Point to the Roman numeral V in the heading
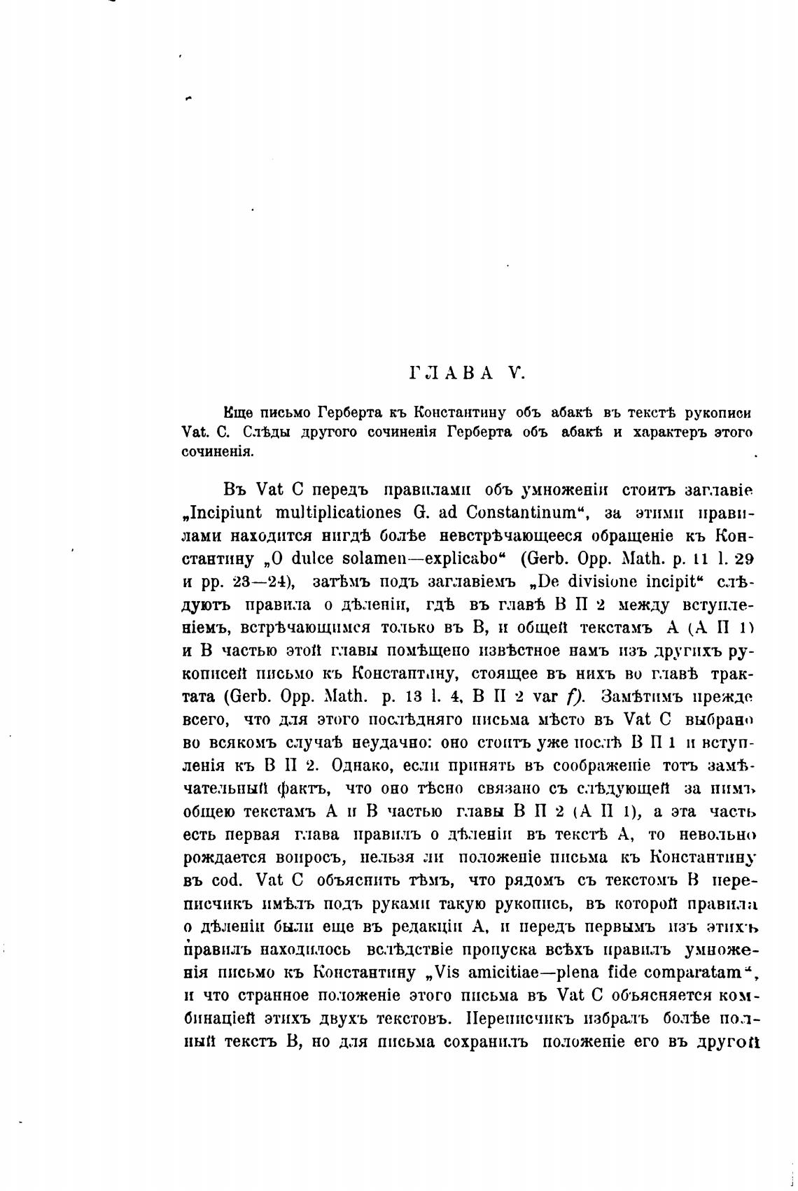point(517,372)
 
